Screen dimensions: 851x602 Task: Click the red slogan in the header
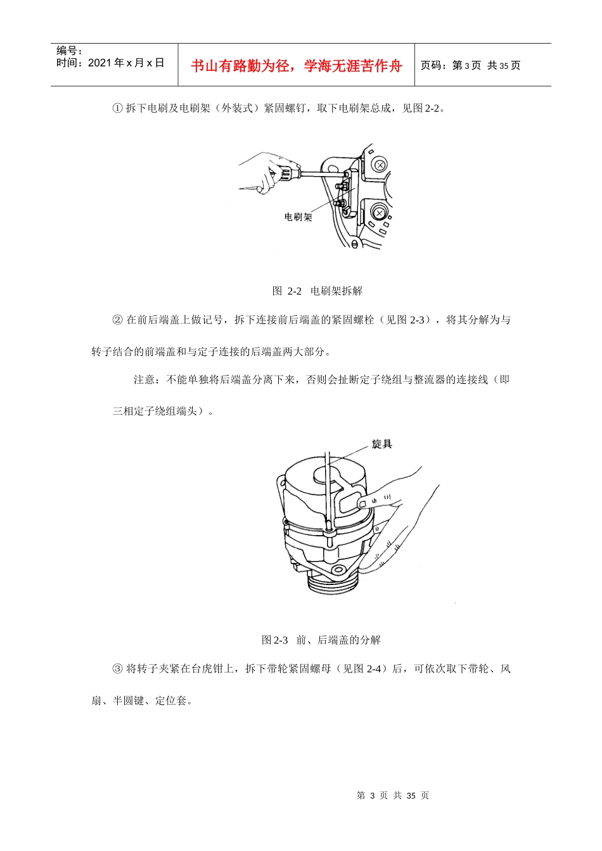point(296,66)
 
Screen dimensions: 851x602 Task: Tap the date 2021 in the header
point(99,63)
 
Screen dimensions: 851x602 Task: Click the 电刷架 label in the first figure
point(298,217)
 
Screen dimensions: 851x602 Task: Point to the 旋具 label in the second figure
point(382,444)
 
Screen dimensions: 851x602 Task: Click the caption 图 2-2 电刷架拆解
point(317,291)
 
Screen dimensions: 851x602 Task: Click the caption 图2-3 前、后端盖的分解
point(321,640)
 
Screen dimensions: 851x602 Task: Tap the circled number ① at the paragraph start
point(117,108)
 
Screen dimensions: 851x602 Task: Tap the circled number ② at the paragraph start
point(117,320)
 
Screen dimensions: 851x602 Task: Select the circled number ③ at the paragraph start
point(117,669)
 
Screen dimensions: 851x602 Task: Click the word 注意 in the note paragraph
point(144,380)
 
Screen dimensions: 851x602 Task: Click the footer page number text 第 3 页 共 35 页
point(392,795)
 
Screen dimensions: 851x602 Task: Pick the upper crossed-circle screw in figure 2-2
point(380,165)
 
